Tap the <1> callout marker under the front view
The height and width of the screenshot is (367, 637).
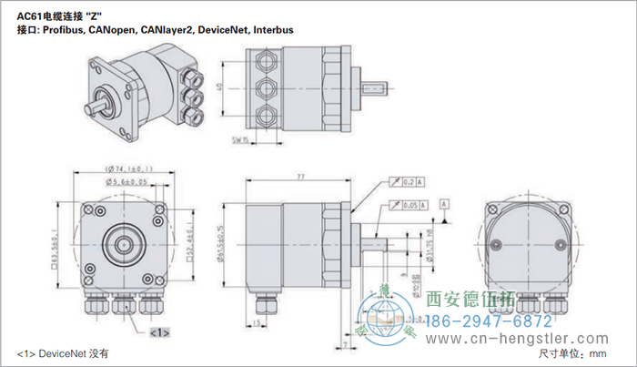[x=158, y=332]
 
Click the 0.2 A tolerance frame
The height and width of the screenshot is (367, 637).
[x=409, y=183]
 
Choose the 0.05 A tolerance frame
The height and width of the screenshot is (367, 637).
[x=409, y=208]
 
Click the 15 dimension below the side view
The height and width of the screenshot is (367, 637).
[x=258, y=322]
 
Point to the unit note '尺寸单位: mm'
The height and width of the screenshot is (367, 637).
[x=571, y=353]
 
